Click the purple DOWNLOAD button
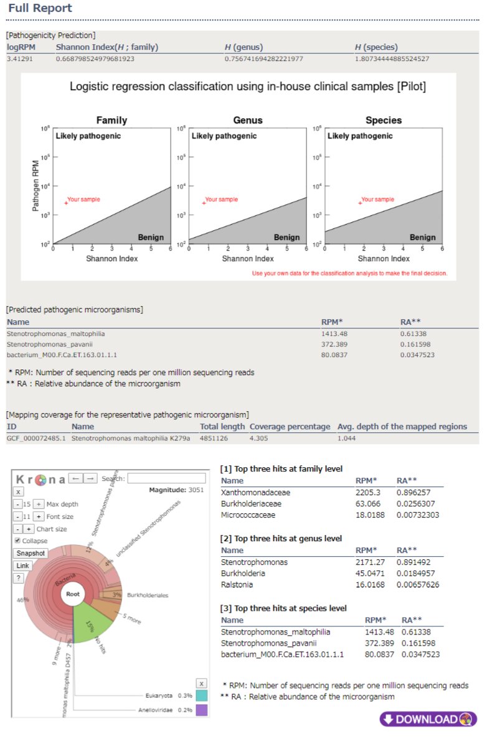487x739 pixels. point(428,719)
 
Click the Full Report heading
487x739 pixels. point(40,9)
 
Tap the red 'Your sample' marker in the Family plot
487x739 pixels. point(65,203)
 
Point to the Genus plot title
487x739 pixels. point(248,120)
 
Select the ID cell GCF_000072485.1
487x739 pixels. point(34,438)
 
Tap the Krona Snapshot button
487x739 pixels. point(31,553)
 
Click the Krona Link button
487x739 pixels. point(22,565)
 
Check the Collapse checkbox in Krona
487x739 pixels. point(17,541)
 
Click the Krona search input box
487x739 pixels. point(166,478)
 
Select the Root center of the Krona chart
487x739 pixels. point(73,594)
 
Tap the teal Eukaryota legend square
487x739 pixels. point(201,695)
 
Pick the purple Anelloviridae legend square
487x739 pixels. point(201,709)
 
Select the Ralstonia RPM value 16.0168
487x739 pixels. point(370,585)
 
